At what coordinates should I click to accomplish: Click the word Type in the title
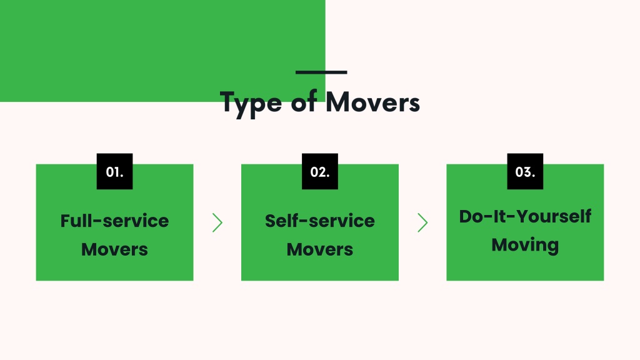coord(251,104)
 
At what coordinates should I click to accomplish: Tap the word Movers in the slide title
coord(372,102)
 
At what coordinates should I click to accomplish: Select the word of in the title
coord(304,101)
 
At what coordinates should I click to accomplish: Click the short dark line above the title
coord(321,72)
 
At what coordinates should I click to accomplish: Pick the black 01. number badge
coord(115,171)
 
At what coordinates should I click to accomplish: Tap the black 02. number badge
coord(320,171)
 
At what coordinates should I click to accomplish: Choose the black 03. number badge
coord(525,171)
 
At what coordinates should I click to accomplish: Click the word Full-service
coord(115,221)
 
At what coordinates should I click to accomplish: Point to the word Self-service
coord(320,221)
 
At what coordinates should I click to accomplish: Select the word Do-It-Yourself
coord(525,216)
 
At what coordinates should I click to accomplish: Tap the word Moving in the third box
coord(525,245)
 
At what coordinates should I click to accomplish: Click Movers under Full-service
coord(115,249)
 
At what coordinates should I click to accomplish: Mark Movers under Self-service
coord(320,249)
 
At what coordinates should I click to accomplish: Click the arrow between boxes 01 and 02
coord(217,223)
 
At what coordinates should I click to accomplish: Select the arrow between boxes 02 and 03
coord(423,223)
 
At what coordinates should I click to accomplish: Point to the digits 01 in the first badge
coord(112,172)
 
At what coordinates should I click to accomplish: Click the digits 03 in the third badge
coord(523,172)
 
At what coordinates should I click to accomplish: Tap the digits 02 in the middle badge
coord(317,172)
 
